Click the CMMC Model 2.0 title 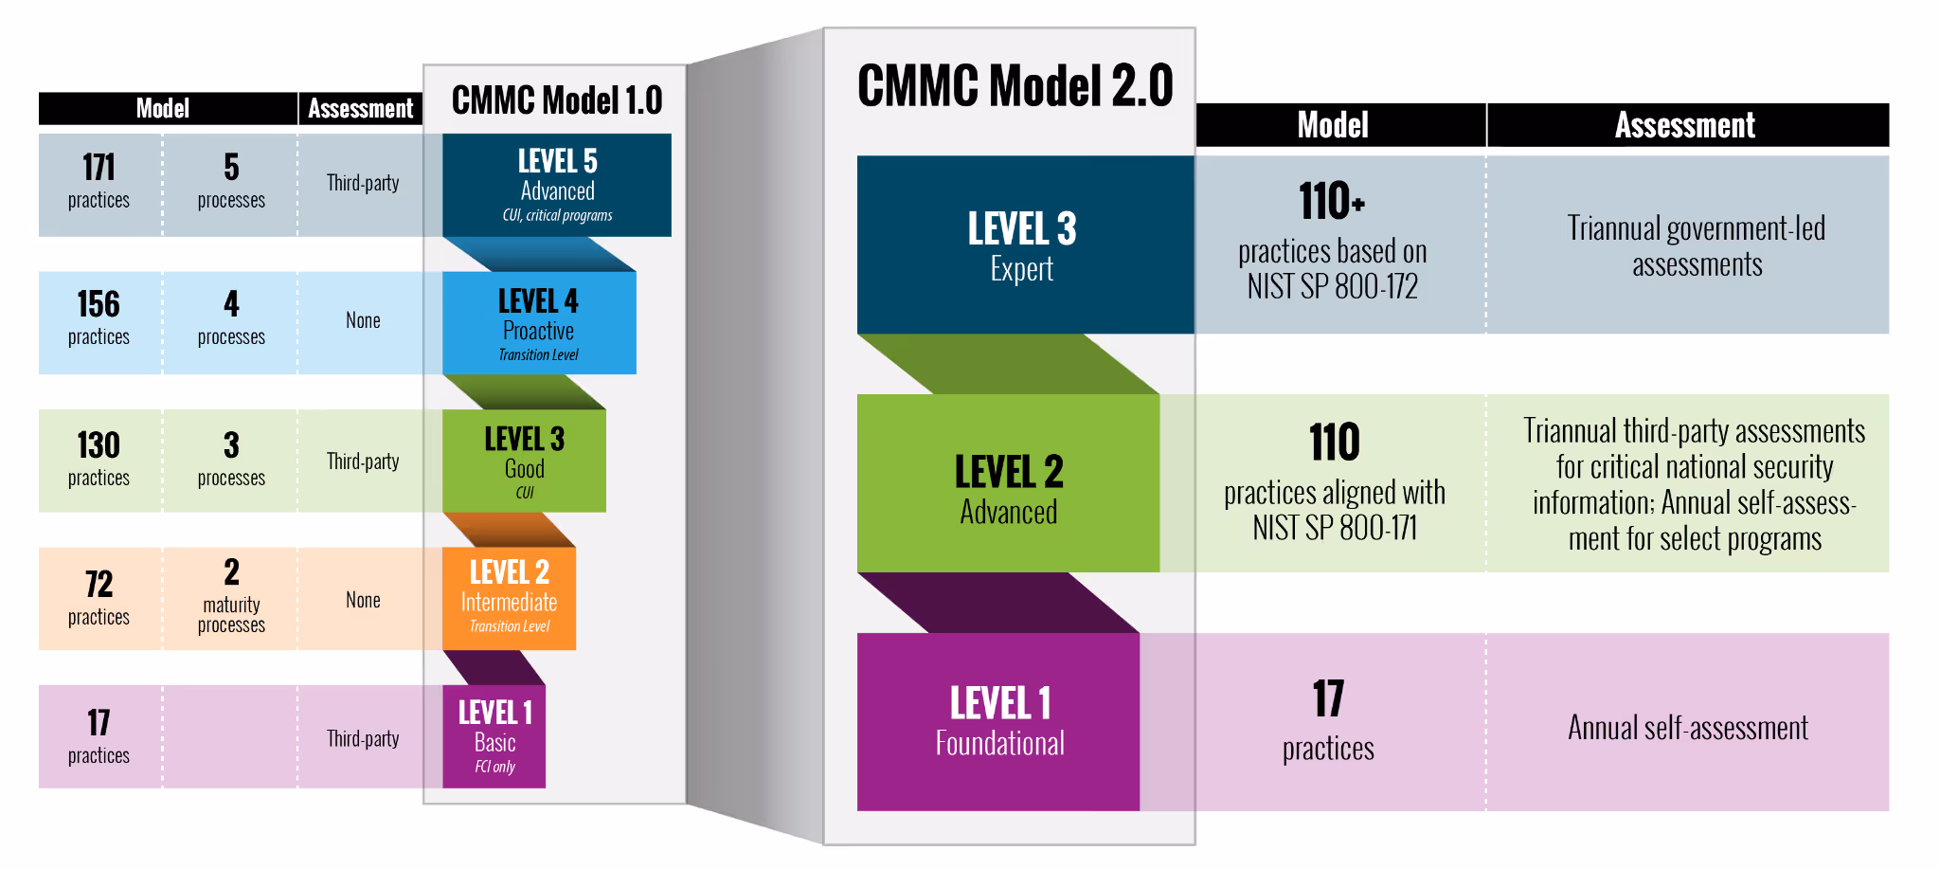click(1015, 86)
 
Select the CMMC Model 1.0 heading click(557, 100)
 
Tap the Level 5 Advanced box click(557, 185)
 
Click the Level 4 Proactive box click(539, 323)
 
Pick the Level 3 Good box click(524, 462)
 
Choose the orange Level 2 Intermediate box click(509, 598)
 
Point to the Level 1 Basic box click(494, 736)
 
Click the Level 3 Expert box click(1023, 244)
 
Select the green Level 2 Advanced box click(1008, 483)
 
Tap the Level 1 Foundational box click(998, 721)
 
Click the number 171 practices click(99, 169)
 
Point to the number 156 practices click(99, 305)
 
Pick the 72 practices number click(99, 584)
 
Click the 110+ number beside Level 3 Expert click(1331, 202)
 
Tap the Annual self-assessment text click(1687, 728)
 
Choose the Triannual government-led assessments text click(1696, 245)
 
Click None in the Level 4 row click(363, 320)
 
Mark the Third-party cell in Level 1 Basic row click(363, 738)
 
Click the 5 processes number click(231, 169)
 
